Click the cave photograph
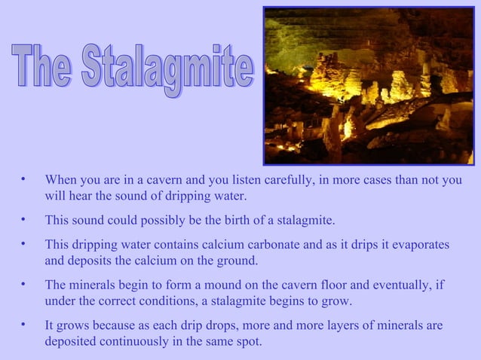(368, 85)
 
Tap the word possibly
(160, 221)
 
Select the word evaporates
(419, 246)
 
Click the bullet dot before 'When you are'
(24, 180)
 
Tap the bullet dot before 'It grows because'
(24, 325)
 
